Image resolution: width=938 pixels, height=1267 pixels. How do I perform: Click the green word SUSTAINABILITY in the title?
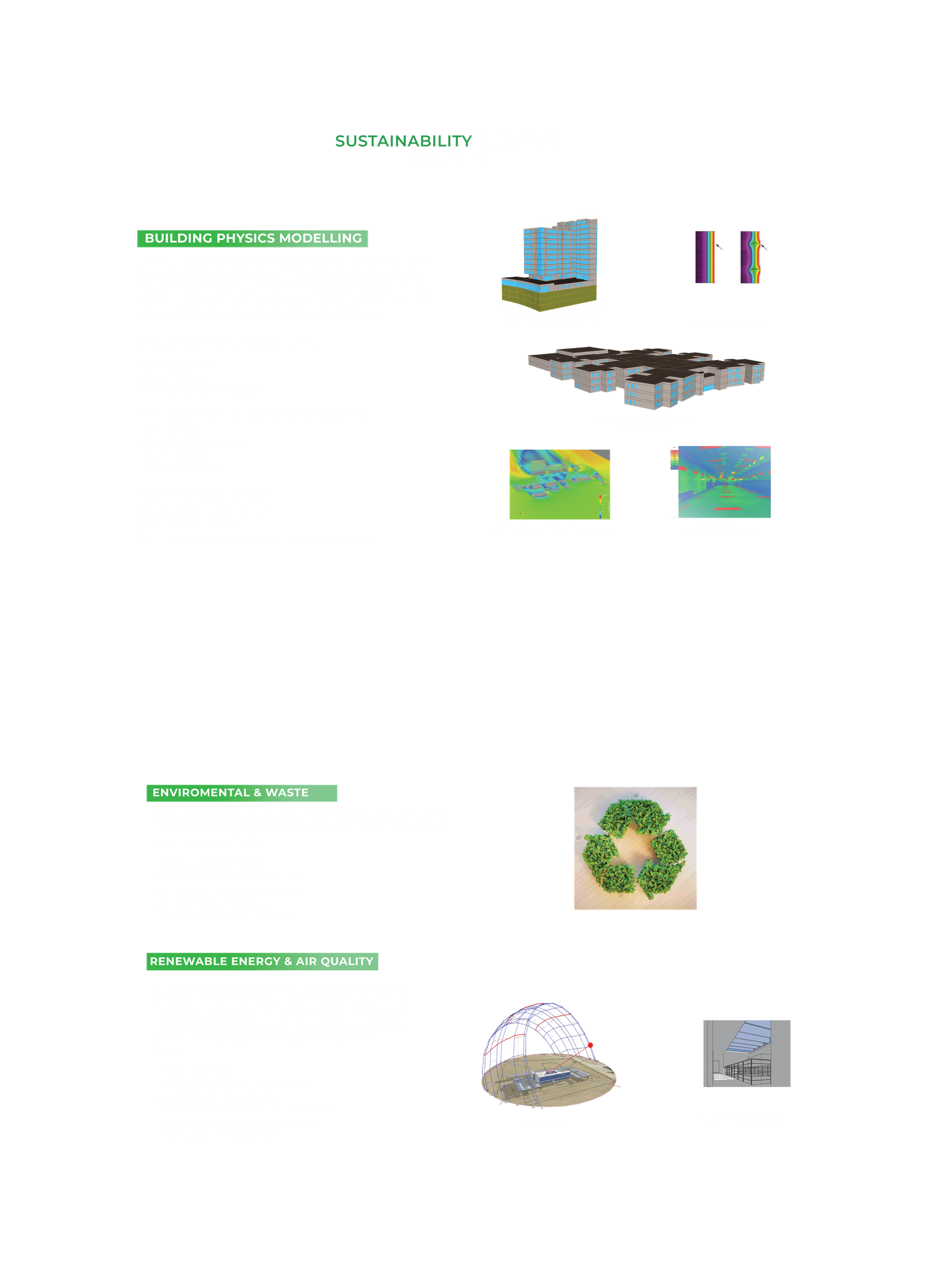pyautogui.click(x=403, y=141)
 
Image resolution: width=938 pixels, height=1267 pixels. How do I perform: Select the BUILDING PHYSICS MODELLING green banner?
pyautogui.click(x=253, y=239)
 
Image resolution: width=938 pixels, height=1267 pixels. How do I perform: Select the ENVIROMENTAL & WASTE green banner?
pyautogui.click(x=242, y=793)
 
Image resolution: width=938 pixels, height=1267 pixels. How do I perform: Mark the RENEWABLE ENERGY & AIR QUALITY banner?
pyautogui.click(x=262, y=962)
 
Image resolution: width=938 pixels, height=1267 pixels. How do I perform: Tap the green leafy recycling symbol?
pyautogui.click(x=635, y=848)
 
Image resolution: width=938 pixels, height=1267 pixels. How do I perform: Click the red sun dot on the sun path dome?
pyautogui.click(x=590, y=1045)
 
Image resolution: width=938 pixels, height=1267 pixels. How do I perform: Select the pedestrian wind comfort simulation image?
pyautogui.click(x=559, y=484)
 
